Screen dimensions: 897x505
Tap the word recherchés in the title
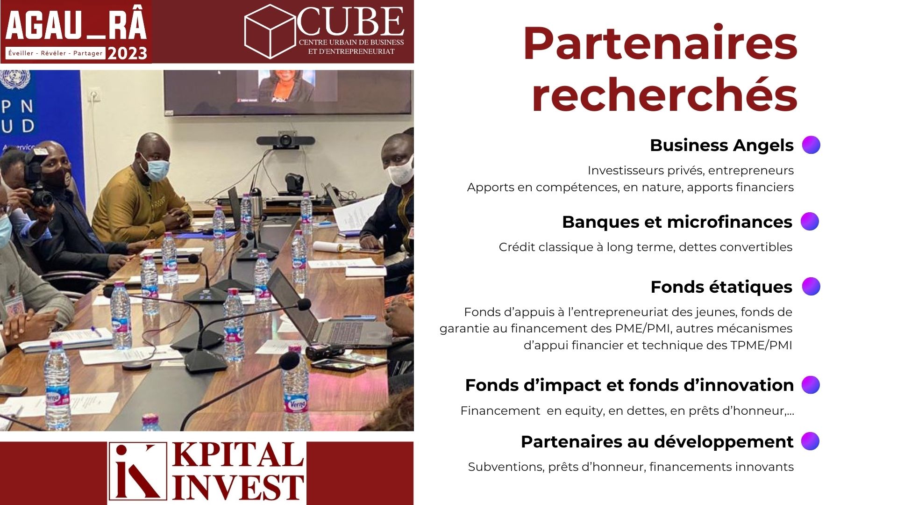(664, 95)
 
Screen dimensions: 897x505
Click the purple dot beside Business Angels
(811, 145)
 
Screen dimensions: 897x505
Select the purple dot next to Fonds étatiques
(811, 286)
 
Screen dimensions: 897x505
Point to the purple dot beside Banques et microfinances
(810, 221)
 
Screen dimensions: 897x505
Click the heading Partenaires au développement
(657, 441)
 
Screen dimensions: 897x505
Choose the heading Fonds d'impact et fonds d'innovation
(629, 385)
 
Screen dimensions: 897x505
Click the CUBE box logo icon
(270, 31)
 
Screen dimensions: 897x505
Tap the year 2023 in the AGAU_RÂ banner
(127, 54)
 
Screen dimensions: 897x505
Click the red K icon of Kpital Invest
(137, 471)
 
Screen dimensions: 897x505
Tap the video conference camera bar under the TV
(279, 141)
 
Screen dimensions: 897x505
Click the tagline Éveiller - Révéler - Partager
(55, 53)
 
